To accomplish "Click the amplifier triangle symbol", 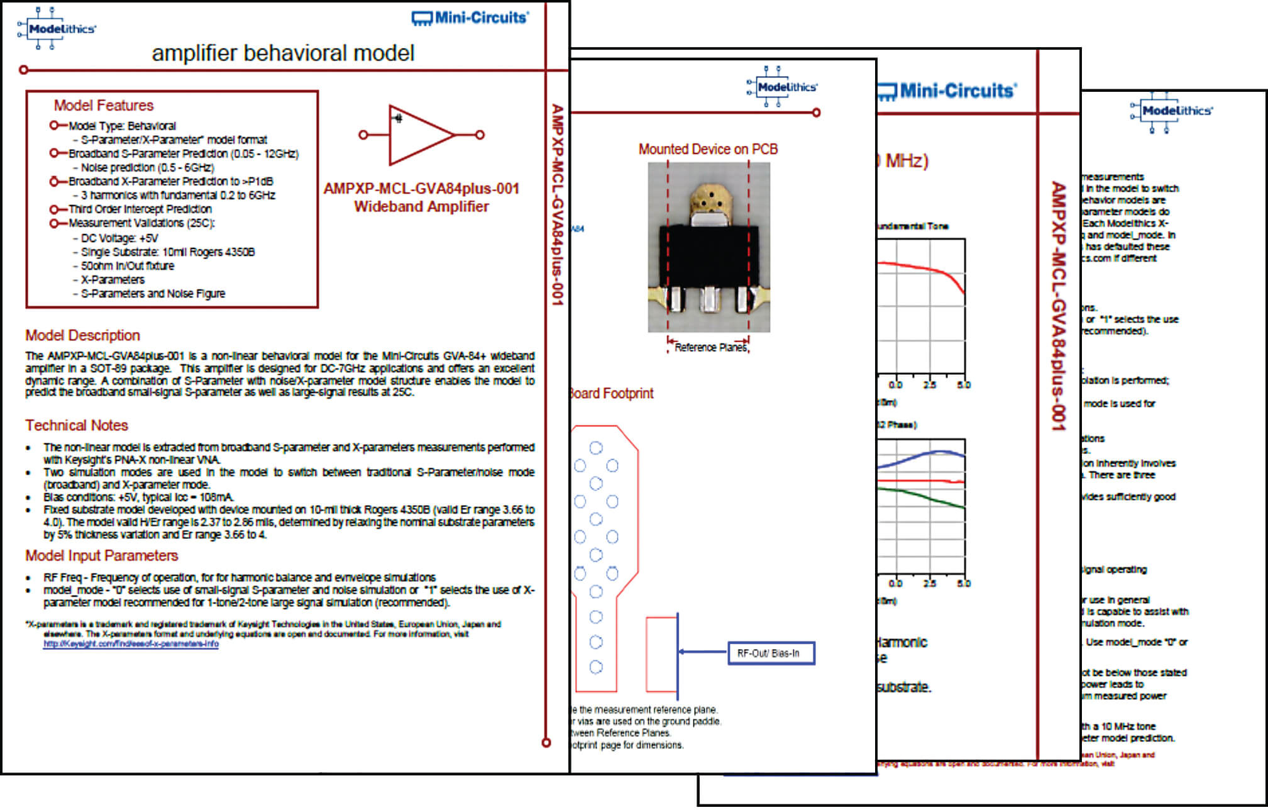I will point(418,135).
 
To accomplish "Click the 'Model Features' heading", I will point(104,105).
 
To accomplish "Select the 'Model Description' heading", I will point(82,335).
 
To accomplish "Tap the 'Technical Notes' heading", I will point(77,425).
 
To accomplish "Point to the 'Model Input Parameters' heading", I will point(101,555).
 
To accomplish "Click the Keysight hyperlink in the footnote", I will point(131,644).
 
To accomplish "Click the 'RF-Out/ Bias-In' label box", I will point(771,653).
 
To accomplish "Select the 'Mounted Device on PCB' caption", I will point(708,149).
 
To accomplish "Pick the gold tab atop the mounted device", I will point(709,199).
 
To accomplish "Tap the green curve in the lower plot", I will point(930,497).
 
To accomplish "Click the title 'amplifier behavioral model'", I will point(283,53).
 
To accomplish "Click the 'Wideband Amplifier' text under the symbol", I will point(421,206).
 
